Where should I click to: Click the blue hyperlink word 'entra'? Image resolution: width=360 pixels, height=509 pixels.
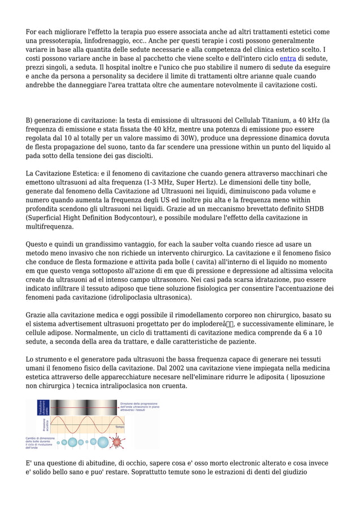click(x=288, y=59)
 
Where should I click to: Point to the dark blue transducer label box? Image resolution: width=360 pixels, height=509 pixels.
click(x=41, y=408)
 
